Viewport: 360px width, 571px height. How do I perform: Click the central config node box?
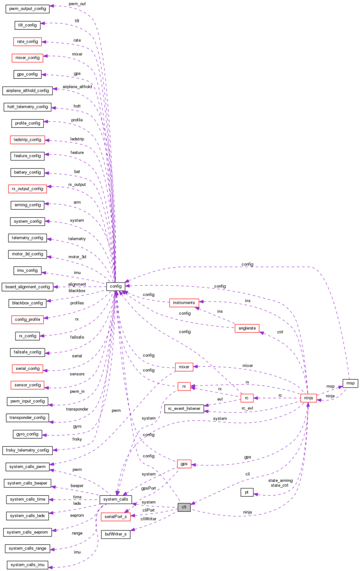point(115,286)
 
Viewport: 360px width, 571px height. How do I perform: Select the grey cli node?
point(184,507)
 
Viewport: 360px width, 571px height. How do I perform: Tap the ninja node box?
point(308,397)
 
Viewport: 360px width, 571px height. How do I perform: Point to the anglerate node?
point(247,328)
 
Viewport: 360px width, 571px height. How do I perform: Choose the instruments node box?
point(183,302)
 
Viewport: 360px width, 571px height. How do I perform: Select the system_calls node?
point(115,499)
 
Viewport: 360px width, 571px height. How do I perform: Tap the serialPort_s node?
point(115,517)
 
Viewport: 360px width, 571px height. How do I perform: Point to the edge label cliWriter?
point(148,519)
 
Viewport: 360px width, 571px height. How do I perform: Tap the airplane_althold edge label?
point(77,86)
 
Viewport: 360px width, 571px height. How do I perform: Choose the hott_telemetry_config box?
point(27,107)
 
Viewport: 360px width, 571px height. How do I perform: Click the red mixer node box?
point(184,367)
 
